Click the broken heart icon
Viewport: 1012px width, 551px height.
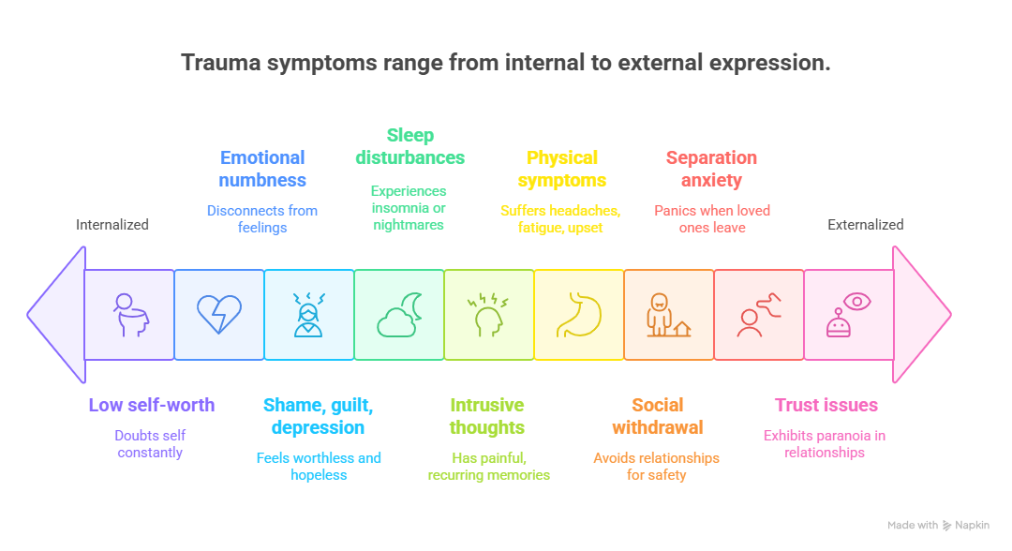(219, 315)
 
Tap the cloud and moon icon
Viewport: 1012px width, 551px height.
(399, 315)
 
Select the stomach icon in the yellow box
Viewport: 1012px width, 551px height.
(579, 315)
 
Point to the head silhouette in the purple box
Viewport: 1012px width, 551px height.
(129, 315)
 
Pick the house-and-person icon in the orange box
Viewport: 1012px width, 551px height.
(669, 315)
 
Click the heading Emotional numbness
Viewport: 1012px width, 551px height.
(262, 169)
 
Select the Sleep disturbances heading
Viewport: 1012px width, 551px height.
(410, 146)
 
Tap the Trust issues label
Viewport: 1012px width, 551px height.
(826, 406)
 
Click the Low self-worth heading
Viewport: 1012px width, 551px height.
(152, 406)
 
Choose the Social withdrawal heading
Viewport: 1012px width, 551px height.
(657, 416)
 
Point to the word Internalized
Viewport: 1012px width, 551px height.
(112, 225)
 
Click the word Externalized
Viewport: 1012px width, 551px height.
(865, 225)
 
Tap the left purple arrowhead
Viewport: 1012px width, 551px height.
(56, 315)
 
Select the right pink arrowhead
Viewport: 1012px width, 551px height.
(921, 315)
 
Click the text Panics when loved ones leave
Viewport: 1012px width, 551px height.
(712, 218)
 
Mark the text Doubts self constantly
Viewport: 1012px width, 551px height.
(150, 444)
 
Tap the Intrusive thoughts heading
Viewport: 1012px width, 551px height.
(486, 416)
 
